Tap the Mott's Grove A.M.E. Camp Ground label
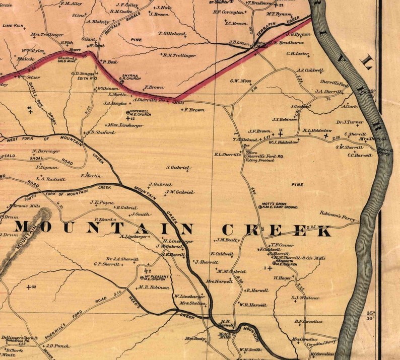[279, 206]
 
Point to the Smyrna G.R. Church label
[128, 77]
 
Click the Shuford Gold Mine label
[66, 60]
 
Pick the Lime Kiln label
[13, 25]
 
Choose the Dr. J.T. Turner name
[350, 122]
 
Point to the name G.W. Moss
[241, 81]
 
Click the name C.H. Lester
[297, 53]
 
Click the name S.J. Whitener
[305, 298]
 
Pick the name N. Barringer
[46, 151]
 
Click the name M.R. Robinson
[154, 287]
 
